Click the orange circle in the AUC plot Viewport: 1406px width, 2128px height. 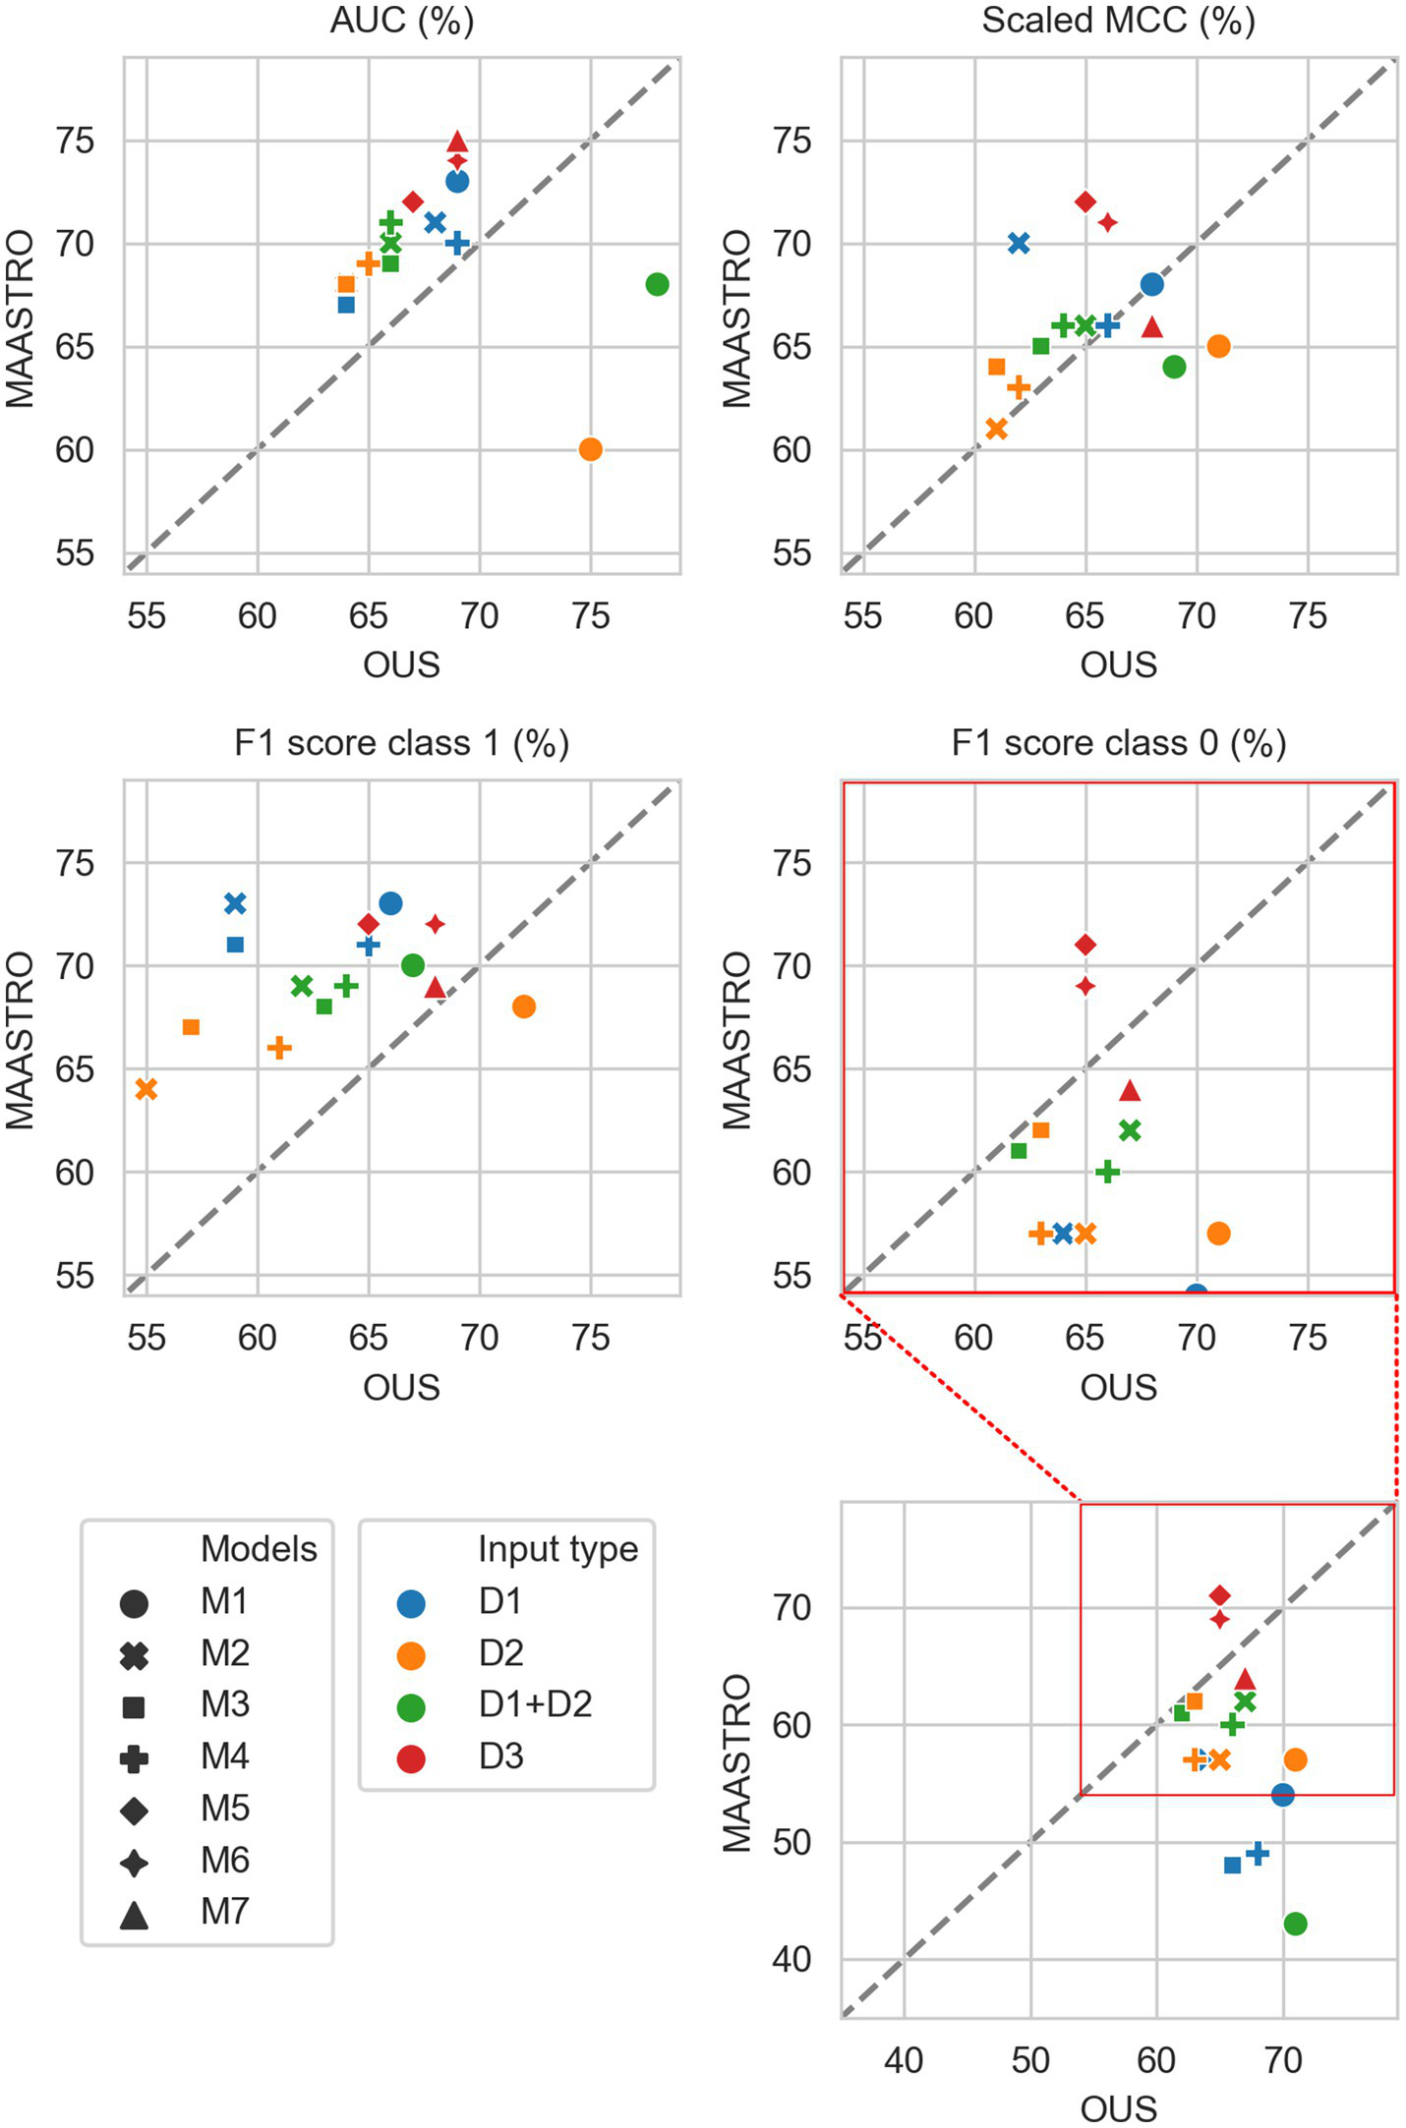tap(590, 449)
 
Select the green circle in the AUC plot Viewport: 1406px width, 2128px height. tap(657, 284)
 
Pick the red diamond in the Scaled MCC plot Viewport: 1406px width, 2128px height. tap(1085, 201)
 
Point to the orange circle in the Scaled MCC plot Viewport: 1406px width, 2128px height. tap(1218, 346)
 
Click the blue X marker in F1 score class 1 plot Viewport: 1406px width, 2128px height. tap(235, 903)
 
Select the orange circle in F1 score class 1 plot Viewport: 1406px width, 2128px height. tap(523, 1006)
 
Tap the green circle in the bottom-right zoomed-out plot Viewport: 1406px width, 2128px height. tap(1295, 1924)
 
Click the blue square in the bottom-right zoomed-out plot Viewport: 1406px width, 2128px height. tap(1232, 1865)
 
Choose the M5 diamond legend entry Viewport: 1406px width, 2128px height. tap(224, 1809)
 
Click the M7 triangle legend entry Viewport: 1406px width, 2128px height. tap(224, 1912)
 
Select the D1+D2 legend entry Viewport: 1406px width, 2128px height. tap(535, 1704)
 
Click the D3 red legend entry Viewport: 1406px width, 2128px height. tap(500, 1756)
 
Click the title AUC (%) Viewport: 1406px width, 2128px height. tap(401, 21)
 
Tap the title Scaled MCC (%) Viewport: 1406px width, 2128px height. tap(1118, 21)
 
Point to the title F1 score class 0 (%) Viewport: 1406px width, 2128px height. tap(1118, 743)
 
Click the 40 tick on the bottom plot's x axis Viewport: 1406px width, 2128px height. tap(903, 2059)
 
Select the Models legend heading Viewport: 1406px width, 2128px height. tap(259, 1549)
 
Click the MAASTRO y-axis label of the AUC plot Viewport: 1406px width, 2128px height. tap(20, 317)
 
